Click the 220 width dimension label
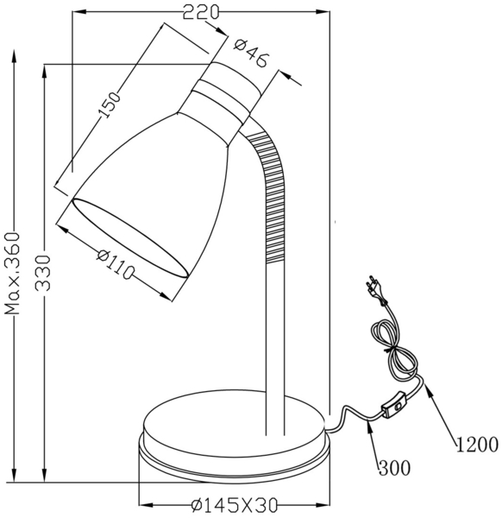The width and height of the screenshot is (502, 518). click(x=201, y=11)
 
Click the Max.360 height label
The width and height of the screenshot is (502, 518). click(x=12, y=273)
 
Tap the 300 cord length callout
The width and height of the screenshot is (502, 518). click(x=392, y=468)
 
